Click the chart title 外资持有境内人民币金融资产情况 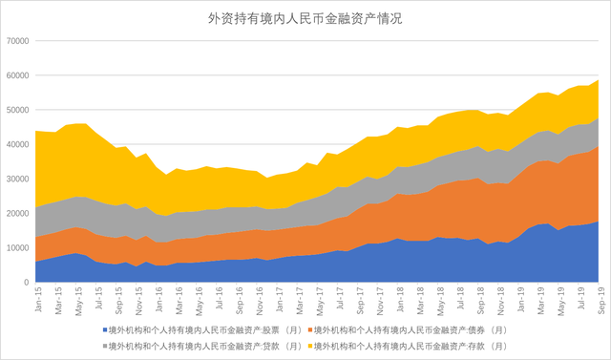click(x=305, y=18)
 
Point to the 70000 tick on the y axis click(x=17, y=41)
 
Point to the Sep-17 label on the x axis click(x=360, y=302)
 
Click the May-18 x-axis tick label click(x=440, y=302)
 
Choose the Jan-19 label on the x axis click(x=521, y=302)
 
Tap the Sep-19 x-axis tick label click(x=601, y=302)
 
